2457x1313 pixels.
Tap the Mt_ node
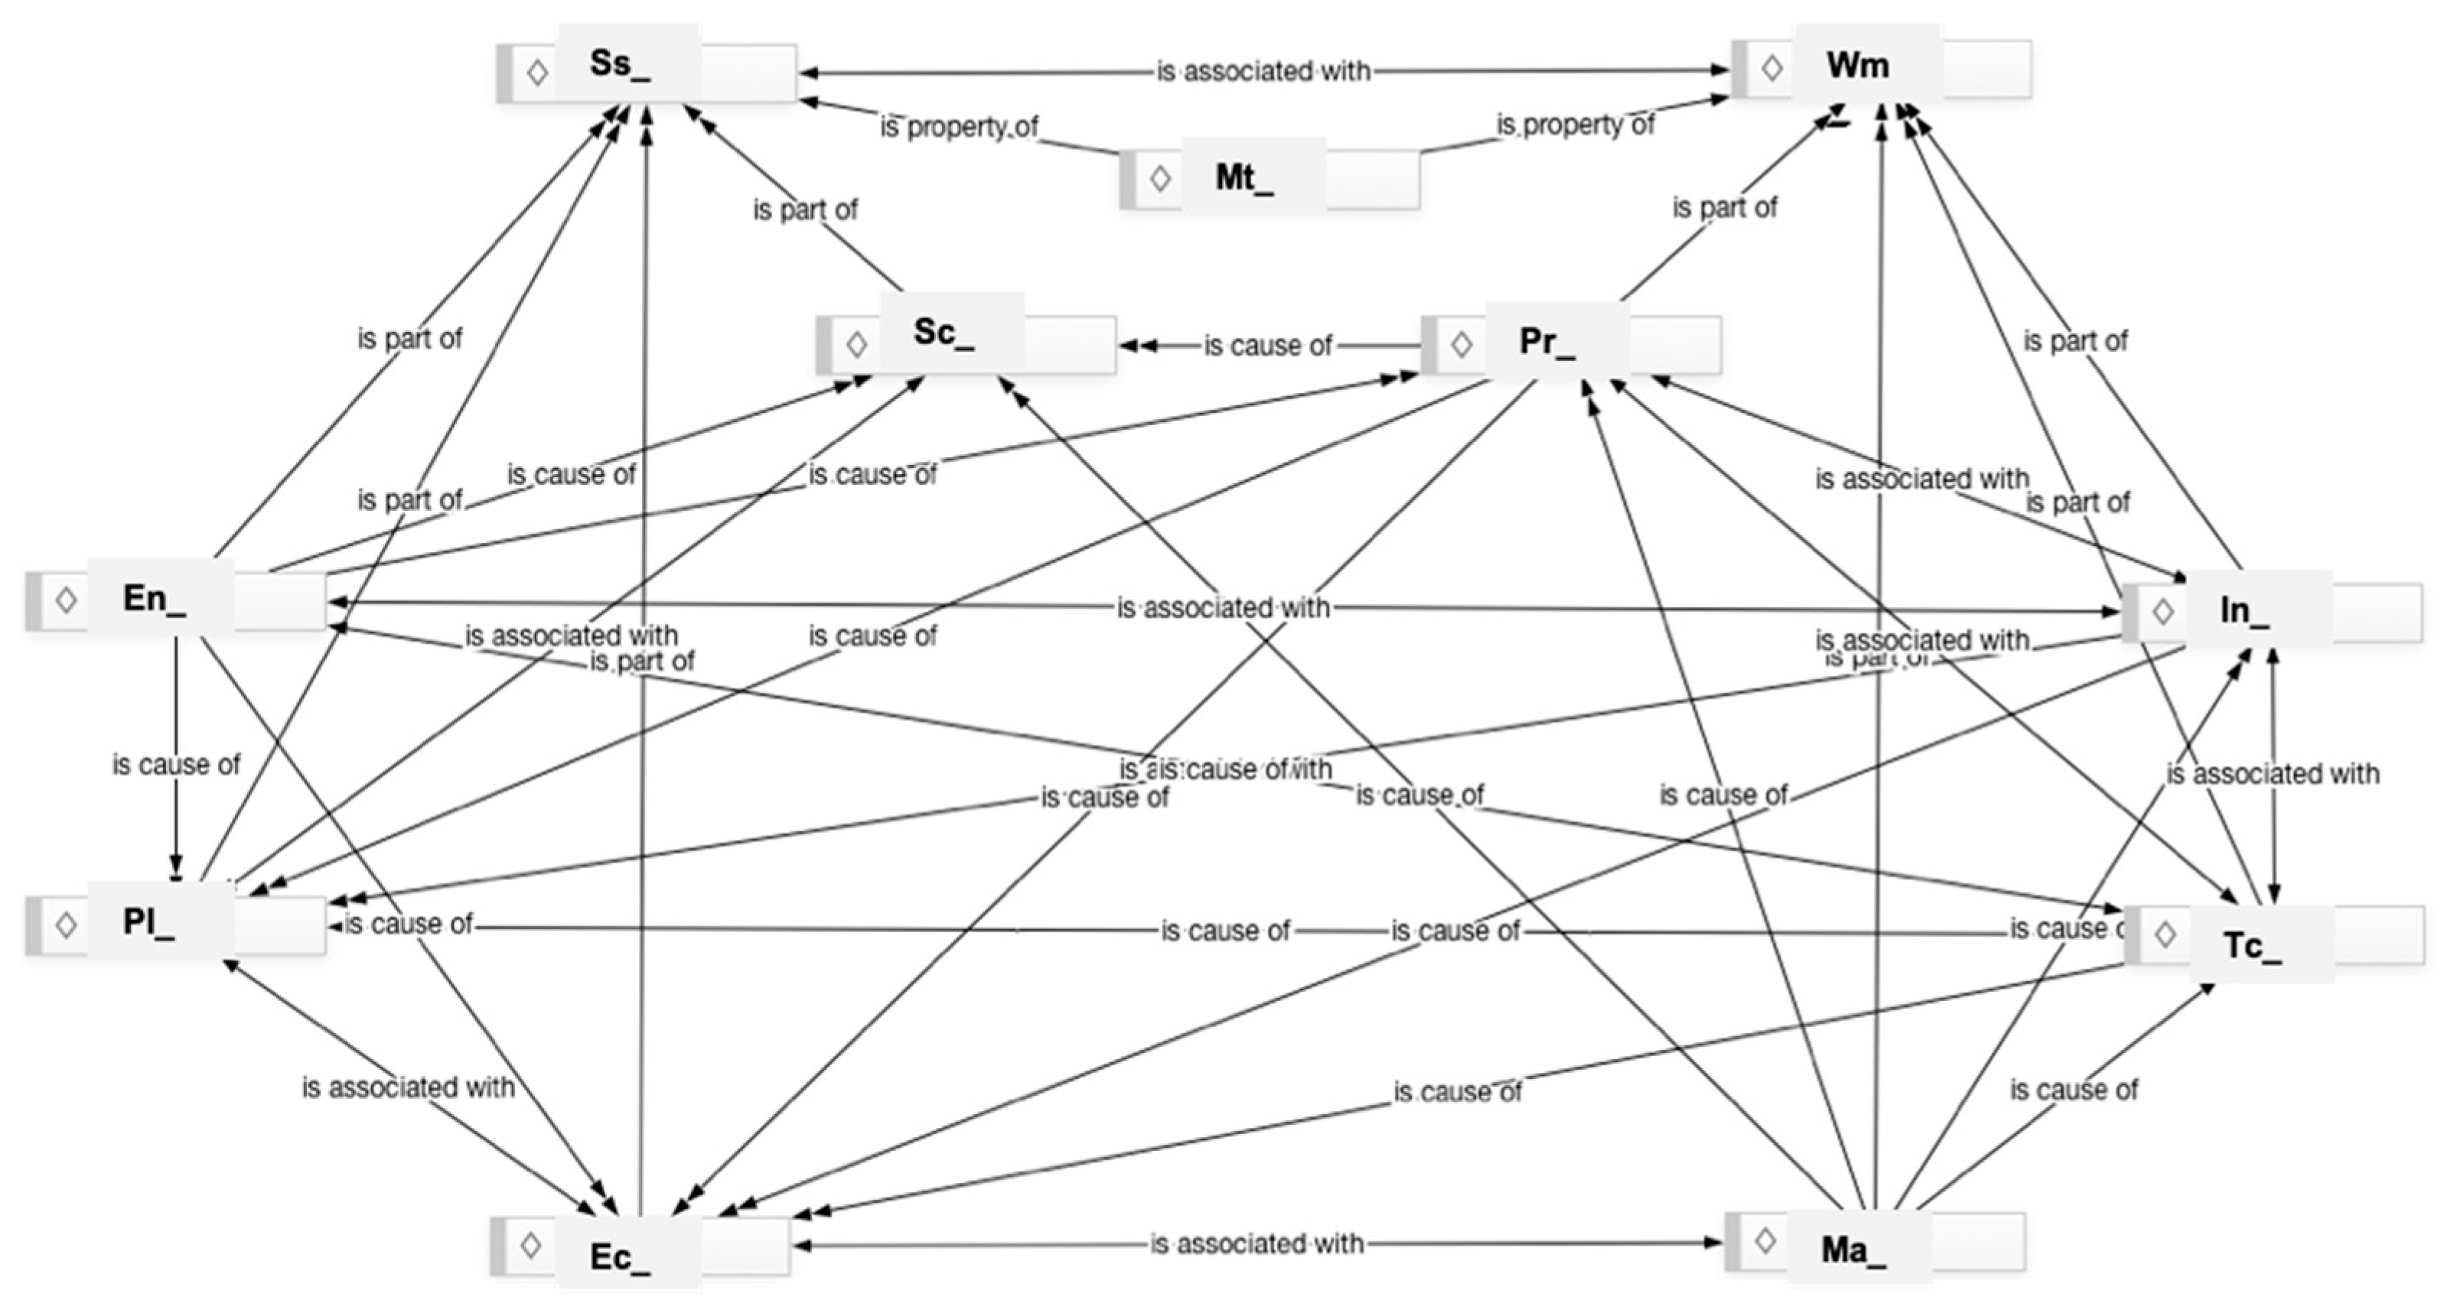coord(1269,178)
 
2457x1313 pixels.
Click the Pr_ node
coord(1570,343)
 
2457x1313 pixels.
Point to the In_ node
coord(2272,611)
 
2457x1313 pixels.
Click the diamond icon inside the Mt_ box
coord(1160,178)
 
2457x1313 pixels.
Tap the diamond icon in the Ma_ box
coord(1765,1240)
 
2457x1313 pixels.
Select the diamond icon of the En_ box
coord(66,600)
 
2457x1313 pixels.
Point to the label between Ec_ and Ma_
coord(1256,1243)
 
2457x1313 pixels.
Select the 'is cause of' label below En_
coord(177,765)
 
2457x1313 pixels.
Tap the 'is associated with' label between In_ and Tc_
coord(2272,773)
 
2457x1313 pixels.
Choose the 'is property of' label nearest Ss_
coord(959,127)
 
